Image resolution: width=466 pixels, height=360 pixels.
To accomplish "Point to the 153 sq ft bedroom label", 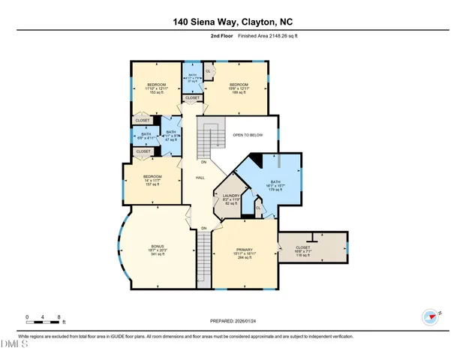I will pos(156,88).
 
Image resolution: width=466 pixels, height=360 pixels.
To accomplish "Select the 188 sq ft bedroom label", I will pos(239,88).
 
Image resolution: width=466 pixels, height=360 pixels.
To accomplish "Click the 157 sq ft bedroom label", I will pos(152,182).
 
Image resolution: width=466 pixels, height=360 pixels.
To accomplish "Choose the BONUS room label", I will pos(157,249).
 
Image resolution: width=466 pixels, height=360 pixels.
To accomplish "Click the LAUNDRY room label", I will pos(230,199).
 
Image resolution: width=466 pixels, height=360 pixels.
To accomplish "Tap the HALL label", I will pos(200,178).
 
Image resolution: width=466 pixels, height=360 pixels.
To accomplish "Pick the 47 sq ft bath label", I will pos(171,136).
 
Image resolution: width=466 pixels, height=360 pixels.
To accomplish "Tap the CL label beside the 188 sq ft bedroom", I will pos(207,71).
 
